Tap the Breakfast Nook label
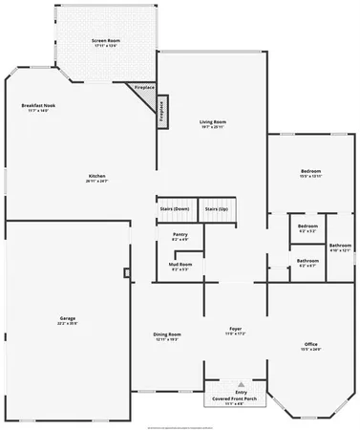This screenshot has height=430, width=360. coord(39,107)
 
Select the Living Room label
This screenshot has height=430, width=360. coord(212,122)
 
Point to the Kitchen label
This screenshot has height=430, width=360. coord(96,176)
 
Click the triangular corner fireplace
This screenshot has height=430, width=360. coord(145,93)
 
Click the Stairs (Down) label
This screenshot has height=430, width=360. coord(174,208)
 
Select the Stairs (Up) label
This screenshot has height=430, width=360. coord(217,208)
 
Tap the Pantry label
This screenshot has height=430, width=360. coord(179,234)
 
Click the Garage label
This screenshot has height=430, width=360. coord(67,317)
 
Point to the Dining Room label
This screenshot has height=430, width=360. coord(167,333)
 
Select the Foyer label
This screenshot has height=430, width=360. coord(235,328)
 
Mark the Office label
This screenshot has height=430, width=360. coord(310,343)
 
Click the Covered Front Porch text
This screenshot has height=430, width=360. coord(234,398)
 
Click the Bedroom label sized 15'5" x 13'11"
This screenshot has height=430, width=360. coord(310,172)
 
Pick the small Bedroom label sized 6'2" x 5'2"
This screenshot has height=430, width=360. coord(307,226)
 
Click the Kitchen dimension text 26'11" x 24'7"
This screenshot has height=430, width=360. coord(96,182)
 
